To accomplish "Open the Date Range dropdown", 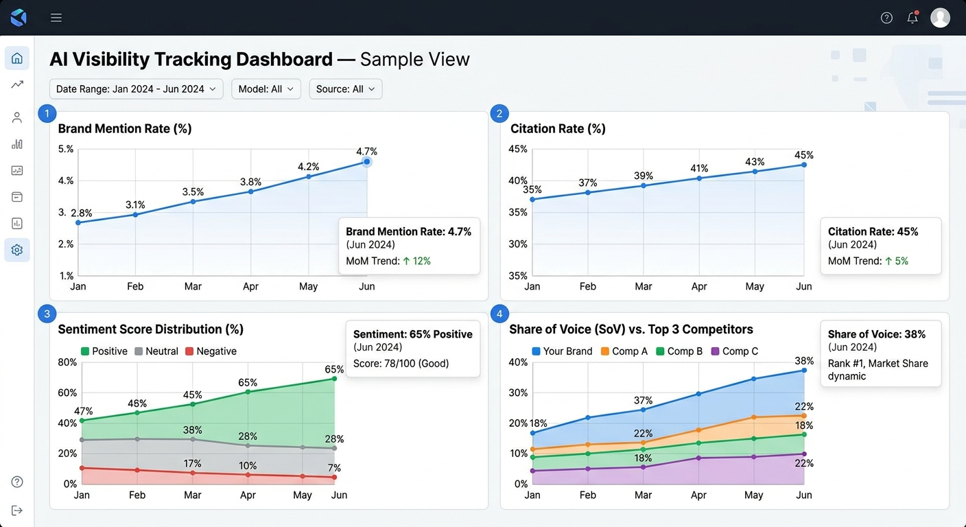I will pyautogui.click(x=136, y=89).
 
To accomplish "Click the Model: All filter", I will pyautogui.click(x=266, y=89).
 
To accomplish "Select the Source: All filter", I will pyautogui.click(x=345, y=89).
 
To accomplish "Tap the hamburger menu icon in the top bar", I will pyautogui.click(x=56, y=18).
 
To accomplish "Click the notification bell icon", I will pyautogui.click(x=912, y=18).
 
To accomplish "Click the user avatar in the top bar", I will pyautogui.click(x=940, y=18).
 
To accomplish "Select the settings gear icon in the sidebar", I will pyautogui.click(x=17, y=250).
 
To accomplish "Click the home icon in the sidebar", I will pyautogui.click(x=17, y=58).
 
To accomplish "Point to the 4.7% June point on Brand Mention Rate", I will pyautogui.click(x=367, y=162).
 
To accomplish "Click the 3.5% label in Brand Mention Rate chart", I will pyautogui.click(x=193, y=191).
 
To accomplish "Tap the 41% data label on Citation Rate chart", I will pyautogui.click(x=699, y=168).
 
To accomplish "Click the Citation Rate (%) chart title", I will pyautogui.click(x=558, y=128).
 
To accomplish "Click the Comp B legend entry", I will pyautogui.click(x=679, y=351).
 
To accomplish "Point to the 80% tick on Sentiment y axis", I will pyautogui.click(x=67, y=362).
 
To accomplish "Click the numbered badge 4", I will pyautogui.click(x=499, y=314).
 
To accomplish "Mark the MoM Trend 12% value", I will pyautogui.click(x=416, y=261).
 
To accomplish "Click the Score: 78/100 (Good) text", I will pyautogui.click(x=401, y=363).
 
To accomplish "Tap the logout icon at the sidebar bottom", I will pyautogui.click(x=17, y=510).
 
